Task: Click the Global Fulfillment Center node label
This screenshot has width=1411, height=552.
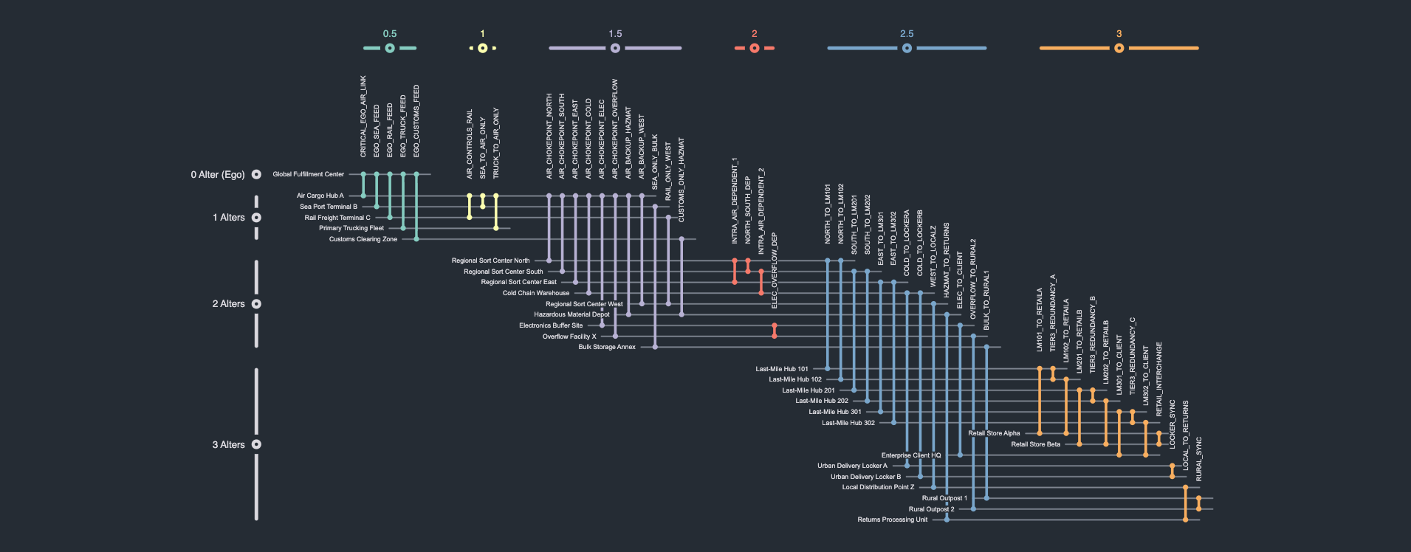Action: coord(308,174)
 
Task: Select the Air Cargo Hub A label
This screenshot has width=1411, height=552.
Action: coord(320,196)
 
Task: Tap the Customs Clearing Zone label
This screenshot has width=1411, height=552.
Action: coord(363,239)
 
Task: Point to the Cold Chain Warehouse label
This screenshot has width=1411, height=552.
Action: coord(535,293)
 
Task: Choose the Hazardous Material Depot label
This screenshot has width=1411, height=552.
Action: coord(571,314)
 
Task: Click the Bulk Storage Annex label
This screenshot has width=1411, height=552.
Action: coord(606,347)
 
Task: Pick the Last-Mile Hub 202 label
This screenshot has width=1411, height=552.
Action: coord(821,401)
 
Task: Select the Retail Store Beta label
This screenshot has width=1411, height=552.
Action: coord(1035,444)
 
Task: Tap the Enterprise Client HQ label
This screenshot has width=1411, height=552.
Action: coord(910,455)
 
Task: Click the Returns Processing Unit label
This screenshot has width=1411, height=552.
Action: coord(892,520)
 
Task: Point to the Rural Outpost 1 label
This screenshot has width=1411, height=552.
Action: coord(944,498)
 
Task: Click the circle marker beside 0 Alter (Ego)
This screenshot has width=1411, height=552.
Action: coord(256,175)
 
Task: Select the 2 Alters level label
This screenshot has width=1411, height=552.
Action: coord(228,304)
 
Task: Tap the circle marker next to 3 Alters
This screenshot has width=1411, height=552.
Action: coord(256,444)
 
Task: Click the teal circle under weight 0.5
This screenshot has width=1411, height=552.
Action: coord(390,48)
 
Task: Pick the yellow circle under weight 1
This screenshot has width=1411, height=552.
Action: coord(482,48)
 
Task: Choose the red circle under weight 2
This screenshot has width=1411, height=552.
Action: coord(754,48)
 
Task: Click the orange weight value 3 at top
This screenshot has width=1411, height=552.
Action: coord(1119,34)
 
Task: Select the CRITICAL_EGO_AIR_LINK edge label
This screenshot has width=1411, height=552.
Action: coord(363,117)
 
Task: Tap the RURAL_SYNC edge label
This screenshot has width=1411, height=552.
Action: coord(1198,459)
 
